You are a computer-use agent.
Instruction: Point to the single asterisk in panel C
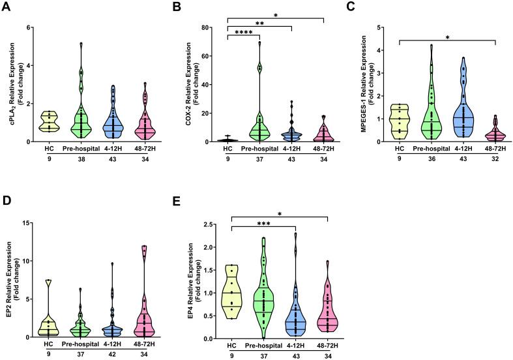pos(447,38)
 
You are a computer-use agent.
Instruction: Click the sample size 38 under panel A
pos(81,159)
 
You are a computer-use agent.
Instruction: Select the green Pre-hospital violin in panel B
pos(262,127)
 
